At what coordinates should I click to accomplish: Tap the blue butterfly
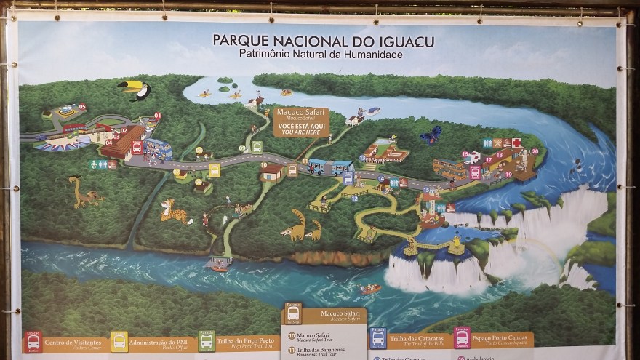click(431, 135)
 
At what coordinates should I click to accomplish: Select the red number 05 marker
click(82, 106)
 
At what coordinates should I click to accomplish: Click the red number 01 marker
click(158, 116)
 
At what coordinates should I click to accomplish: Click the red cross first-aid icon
click(516, 143)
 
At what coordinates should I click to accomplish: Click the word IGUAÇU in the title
click(401, 41)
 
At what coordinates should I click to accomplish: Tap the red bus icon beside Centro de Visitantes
click(33, 342)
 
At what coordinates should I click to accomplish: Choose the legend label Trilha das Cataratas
click(416, 338)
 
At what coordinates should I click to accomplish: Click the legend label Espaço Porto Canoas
click(503, 338)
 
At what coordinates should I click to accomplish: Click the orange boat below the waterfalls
click(370, 289)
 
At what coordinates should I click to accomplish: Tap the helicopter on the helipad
click(69, 111)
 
